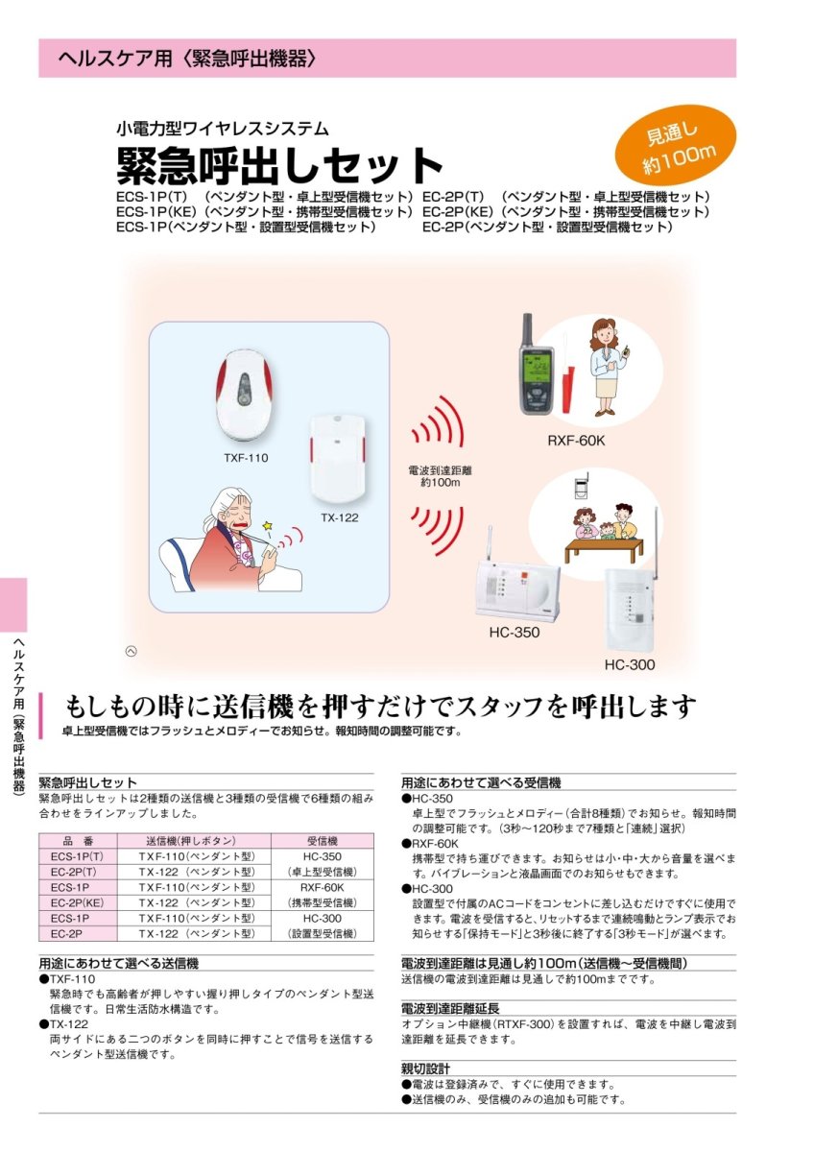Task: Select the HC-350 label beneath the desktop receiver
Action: pos(515,633)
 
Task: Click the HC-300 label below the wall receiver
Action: pos(630,664)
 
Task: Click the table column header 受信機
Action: pos(322,840)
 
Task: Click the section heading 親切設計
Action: pos(425,1068)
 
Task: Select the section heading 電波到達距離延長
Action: pos(450,1008)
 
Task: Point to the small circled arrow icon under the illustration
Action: pos(132,651)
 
